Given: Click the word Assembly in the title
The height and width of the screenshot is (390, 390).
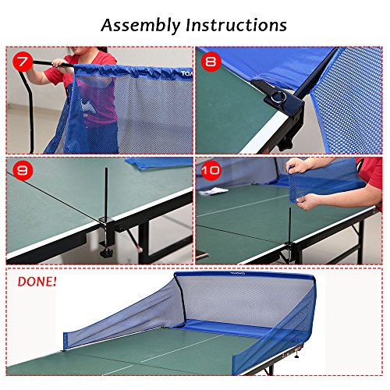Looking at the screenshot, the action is click(x=140, y=26).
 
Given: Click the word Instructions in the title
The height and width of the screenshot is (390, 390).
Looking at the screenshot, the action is click(x=236, y=25).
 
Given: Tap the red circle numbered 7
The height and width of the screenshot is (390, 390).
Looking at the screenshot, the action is click(x=23, y=62).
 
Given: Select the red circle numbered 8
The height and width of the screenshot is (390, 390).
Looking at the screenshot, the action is click(x=211, y=62).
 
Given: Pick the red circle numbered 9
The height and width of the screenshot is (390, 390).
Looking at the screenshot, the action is click(x=23, y=171).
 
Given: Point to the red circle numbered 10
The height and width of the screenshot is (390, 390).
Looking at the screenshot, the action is click(x=211, y=171).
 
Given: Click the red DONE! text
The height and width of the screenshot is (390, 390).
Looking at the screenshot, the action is click(x=37, y=282).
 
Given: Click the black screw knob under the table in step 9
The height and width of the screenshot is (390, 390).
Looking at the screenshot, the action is click(x=107, y=253).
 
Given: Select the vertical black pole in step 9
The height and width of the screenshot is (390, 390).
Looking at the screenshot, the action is click(x=106, y=193).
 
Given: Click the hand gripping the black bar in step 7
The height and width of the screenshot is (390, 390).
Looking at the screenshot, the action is click(x=60, y=63).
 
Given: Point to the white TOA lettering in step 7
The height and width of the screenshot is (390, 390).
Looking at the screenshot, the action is click(x=186, y=73).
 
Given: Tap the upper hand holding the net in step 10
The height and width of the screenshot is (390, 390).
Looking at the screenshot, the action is click(x=296, y=165).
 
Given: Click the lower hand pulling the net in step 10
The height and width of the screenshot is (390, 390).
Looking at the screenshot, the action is click(x=309, y=201).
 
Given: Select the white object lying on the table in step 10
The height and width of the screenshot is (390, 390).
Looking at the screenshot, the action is click(x=214, y=191).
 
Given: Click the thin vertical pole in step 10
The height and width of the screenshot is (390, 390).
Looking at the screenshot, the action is click(x=290, y=225).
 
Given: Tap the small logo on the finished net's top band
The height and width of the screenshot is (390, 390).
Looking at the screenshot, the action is click(x=238, y=274).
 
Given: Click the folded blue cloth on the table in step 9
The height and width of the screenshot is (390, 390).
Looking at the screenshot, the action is click(x=158, y=163).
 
